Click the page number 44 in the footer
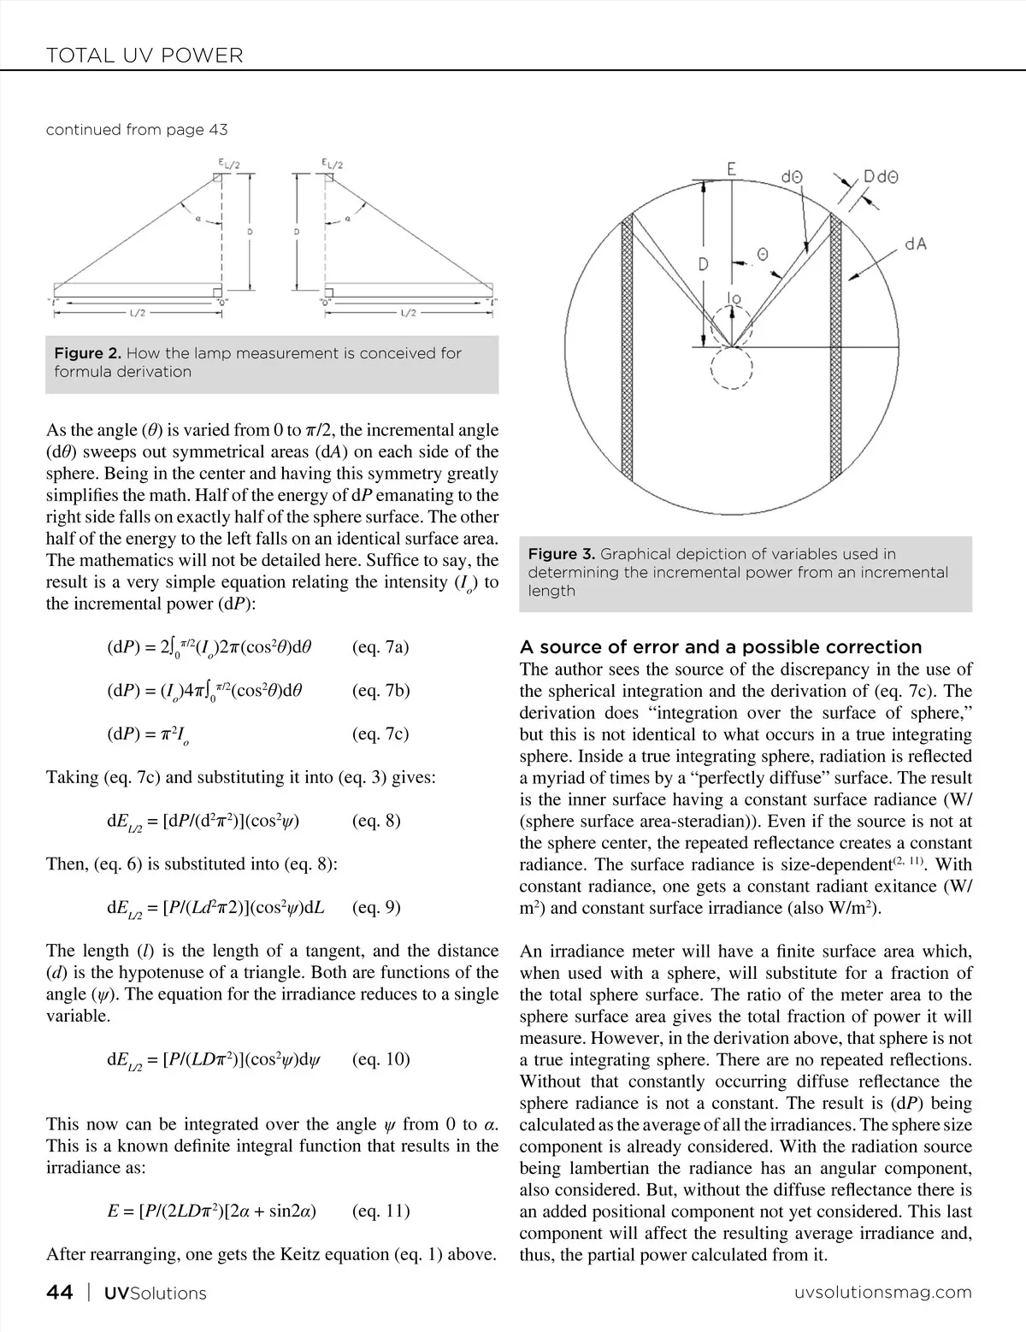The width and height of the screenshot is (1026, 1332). (x=59, y=1293)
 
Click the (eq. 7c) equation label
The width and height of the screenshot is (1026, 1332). (x=380, y=734)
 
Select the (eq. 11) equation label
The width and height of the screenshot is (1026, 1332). (x=380, y=1211)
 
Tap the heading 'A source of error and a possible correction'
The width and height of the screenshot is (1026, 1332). (x=721, y=646)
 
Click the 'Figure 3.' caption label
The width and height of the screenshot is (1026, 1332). (x=562, y=554)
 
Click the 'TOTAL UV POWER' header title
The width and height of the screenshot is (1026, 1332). (x=144, y=56)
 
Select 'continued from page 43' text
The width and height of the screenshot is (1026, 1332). (x=137, y=130)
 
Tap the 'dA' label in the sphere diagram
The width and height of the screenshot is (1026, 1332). (x=916, y=245)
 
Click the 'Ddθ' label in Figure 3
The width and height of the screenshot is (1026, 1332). (x=881, y=177)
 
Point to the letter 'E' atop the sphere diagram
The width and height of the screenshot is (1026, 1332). (x=732, y=169)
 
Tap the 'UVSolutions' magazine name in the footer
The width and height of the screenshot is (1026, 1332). (x=155, y=1294)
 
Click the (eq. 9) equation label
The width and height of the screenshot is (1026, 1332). (x=376, y=907)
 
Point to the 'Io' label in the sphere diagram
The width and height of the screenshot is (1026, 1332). (x=733, y=298)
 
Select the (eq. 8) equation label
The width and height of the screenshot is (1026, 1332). (x=376, y=821)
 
